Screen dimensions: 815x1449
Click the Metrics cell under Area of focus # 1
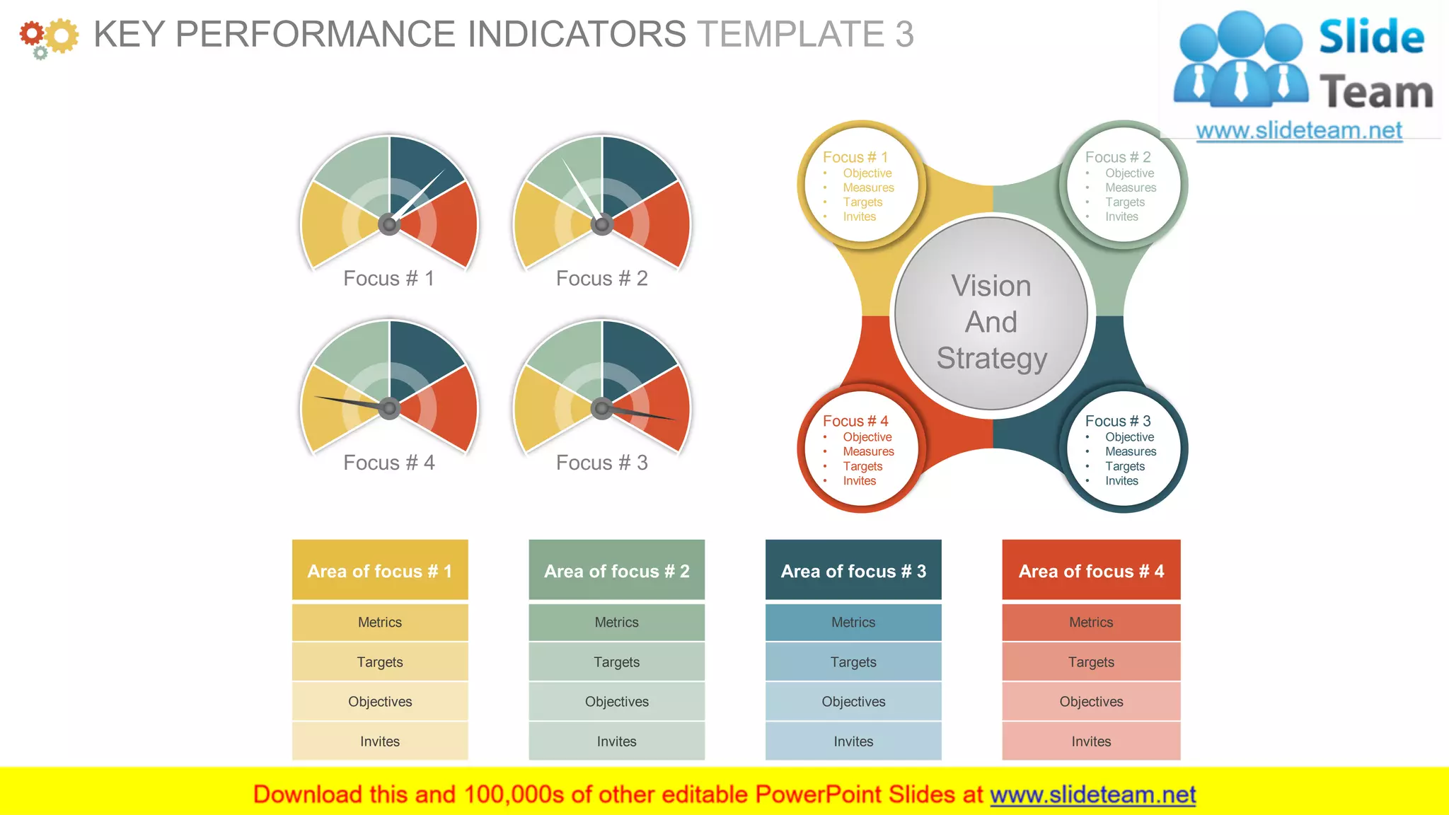tap(380, 623)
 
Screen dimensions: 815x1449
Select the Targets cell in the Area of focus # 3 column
tap(853, 662)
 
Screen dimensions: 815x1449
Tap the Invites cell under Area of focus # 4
tap(1091, 741)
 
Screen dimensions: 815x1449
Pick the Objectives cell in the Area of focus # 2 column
tap(616, 702)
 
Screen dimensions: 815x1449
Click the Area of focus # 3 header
tap(853, 571)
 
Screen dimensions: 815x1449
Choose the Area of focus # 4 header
tap(1091, 571)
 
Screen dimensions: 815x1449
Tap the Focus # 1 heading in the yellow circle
tap(855, 157)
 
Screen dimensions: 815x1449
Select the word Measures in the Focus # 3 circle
tap(1131, 451)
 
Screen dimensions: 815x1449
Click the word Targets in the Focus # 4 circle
tap(862, 466)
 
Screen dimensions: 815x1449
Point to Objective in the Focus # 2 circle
tap(1129, 173)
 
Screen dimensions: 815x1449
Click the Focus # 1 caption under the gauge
tap(388, 279)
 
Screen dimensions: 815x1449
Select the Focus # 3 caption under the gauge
tap(601, 463)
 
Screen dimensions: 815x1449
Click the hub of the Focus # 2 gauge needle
tap(602, 225)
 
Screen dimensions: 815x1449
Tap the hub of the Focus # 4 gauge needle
tap(389, 408)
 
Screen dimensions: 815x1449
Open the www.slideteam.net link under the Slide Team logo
tap(1298, 130)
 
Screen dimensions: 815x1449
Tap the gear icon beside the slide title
tap(48, 37)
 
